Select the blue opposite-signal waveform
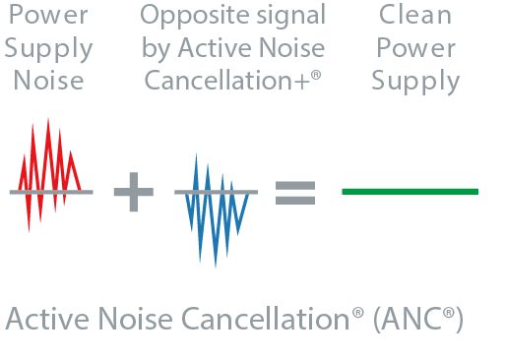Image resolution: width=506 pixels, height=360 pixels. (216, 207)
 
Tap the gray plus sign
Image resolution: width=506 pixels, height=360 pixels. (134, 191)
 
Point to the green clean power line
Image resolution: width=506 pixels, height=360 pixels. (410, 191)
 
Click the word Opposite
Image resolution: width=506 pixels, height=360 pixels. (184, 17)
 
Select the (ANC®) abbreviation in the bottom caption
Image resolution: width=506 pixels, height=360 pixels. (417, 320)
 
